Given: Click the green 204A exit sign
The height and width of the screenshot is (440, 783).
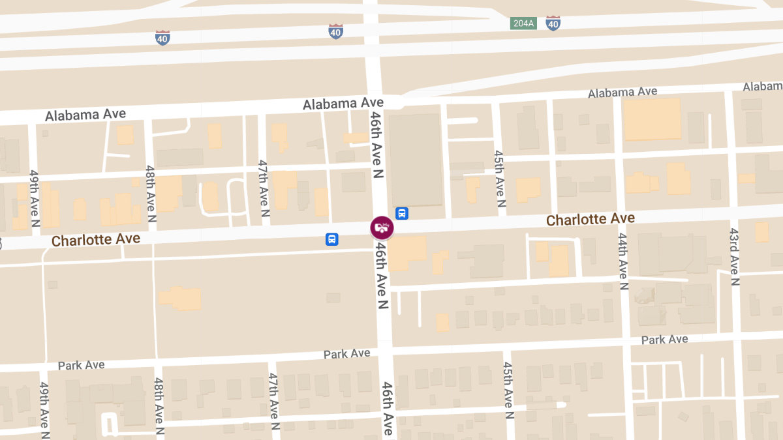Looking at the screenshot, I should [x=523, y=23].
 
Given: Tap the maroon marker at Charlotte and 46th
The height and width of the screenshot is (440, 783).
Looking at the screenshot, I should [x=381, y=227].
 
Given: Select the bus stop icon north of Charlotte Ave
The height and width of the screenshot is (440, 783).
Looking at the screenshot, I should [x=402, y=213].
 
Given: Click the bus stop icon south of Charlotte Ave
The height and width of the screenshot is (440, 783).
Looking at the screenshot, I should [x=332, y=239].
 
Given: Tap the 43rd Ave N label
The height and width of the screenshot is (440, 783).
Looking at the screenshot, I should [x=735, y=256].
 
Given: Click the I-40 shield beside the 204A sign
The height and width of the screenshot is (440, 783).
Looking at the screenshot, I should [x=553, y=23].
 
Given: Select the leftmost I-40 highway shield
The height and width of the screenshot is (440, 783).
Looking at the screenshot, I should [x=163, y=37].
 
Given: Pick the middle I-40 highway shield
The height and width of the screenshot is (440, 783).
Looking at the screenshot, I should [x=335, y=31].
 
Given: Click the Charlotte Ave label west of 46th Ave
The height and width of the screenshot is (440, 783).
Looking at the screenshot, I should [x=96, y=240].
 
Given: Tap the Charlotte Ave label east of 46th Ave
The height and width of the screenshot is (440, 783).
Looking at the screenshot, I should [x=590, y=219].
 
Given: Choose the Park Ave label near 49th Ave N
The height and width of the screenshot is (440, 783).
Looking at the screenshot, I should [x=81, y=365].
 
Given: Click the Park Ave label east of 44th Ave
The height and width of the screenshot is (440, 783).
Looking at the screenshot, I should [x=664, y=340].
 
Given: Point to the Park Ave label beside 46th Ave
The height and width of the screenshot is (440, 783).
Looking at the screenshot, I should [x=346, y=354].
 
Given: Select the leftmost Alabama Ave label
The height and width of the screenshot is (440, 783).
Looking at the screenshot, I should [x=85, y=115].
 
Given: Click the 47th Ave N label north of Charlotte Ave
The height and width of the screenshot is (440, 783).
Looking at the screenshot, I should [x=264, y=188].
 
